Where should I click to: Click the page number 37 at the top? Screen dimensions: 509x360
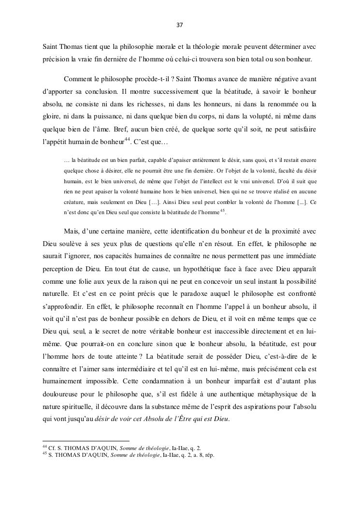click(180, 24)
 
